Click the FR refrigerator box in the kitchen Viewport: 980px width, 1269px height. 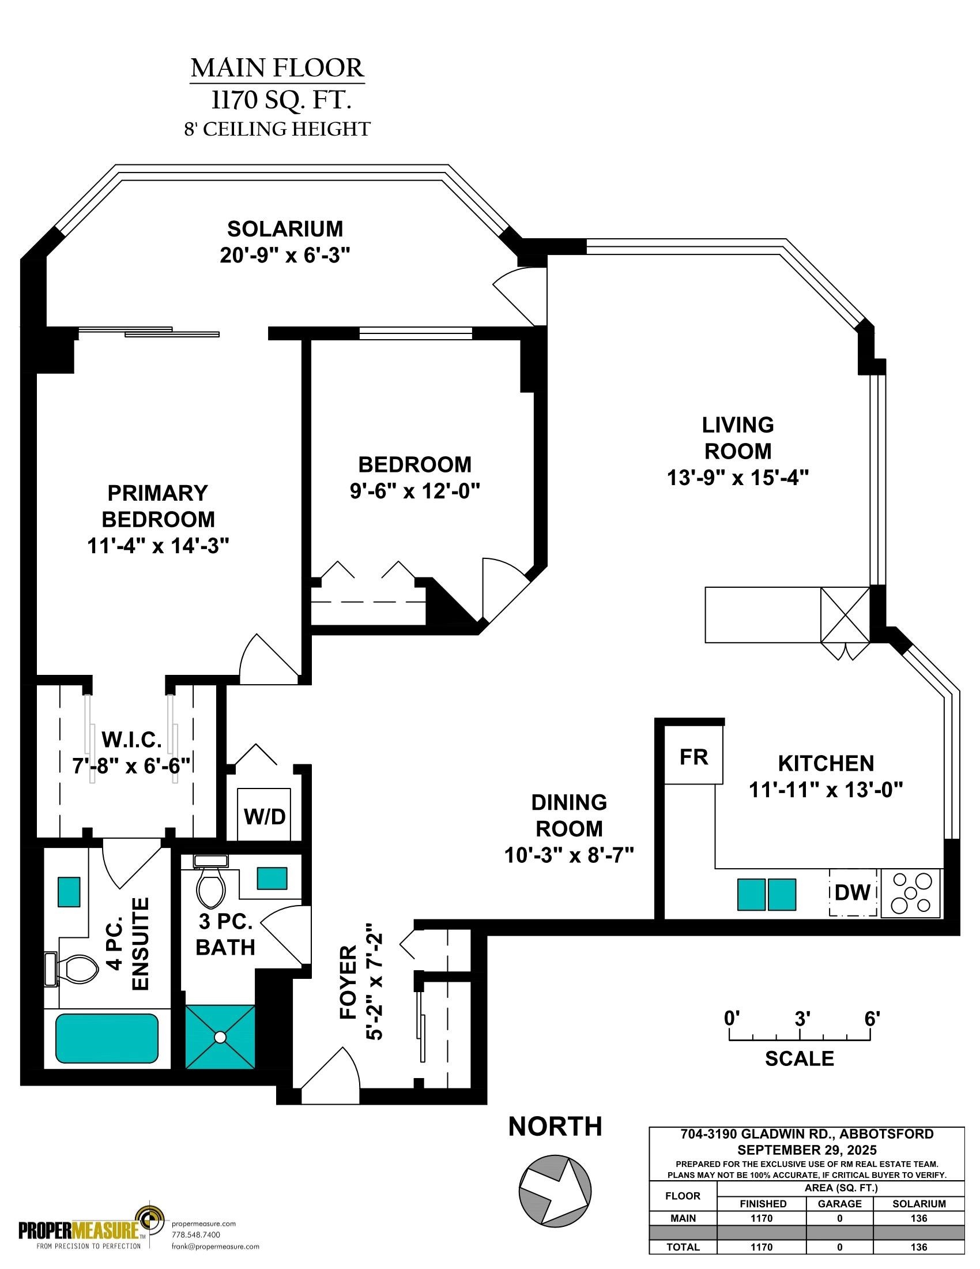click(693, 756)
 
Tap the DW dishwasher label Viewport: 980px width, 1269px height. click(852, 892)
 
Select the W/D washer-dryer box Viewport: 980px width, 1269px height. click(264, 813)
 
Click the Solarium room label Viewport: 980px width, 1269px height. click(285, 229)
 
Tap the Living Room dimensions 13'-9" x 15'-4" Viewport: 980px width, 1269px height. click(738, 478)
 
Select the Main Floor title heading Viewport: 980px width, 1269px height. click(277, 68)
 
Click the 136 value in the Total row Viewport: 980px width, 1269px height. click(918, 1247)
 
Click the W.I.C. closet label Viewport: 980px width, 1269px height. click(132, 740)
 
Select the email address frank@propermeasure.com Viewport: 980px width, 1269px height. click(216, 1247)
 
